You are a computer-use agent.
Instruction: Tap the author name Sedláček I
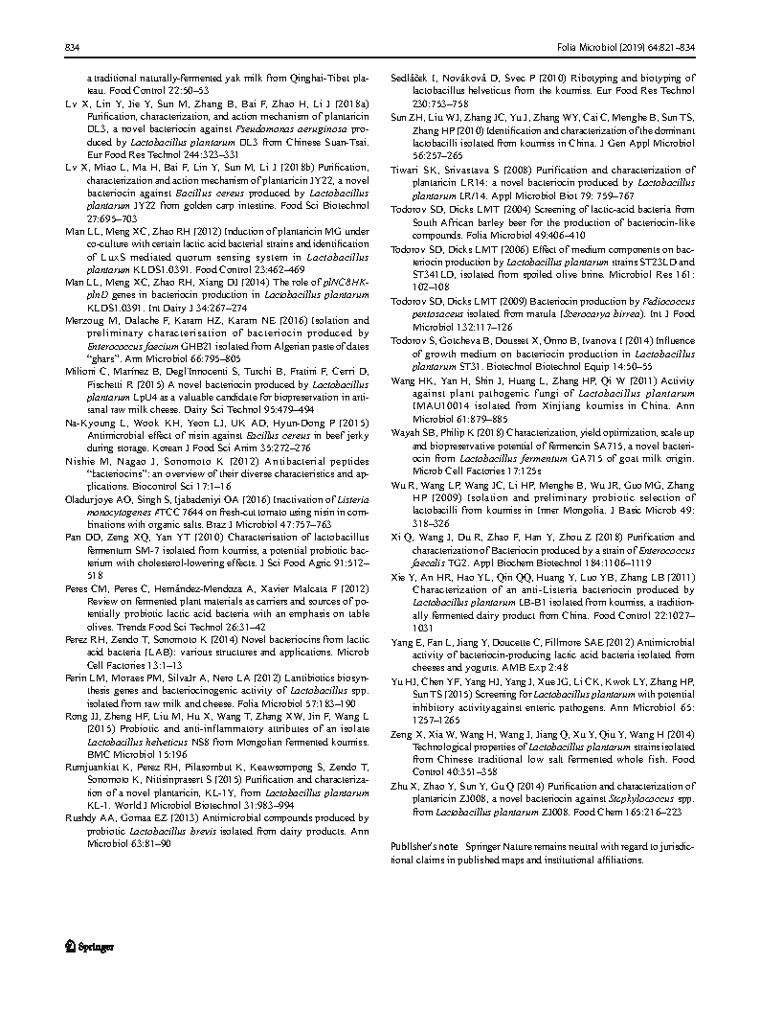(417, 76)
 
